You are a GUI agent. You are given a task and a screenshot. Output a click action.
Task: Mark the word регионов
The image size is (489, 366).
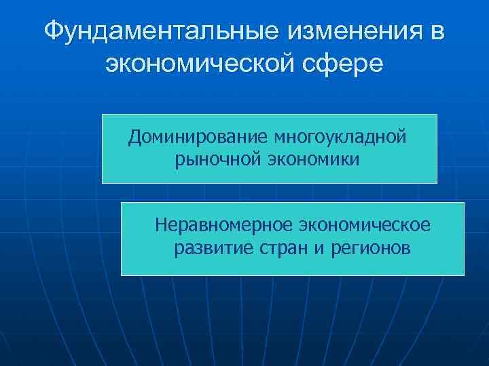tap(371, 248)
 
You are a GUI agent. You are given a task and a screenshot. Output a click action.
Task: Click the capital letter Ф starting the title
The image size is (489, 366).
tap(55, 31)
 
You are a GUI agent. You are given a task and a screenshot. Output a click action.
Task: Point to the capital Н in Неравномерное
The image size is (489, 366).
tap(160, 224)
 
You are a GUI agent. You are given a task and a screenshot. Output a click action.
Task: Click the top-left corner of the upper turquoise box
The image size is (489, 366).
tap(103, 115)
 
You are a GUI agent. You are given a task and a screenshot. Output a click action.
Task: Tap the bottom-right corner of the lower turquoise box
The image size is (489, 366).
tap(464, 274)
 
